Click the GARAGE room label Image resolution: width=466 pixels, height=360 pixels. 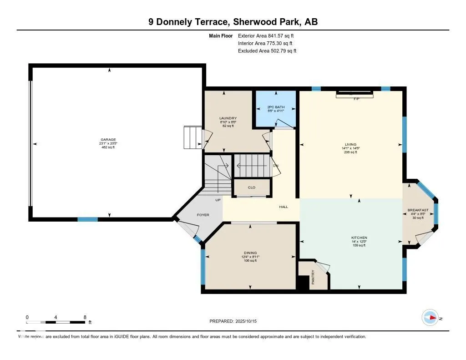coord(108,140)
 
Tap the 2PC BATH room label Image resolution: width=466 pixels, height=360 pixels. coord(275,107)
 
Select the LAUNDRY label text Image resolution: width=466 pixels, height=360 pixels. coord(228,118)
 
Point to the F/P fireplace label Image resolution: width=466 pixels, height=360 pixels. coord(356,99)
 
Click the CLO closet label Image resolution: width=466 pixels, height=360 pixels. coord(252,187)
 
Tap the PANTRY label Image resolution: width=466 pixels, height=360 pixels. coord(313,278)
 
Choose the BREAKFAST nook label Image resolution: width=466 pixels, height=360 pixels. coord(418,210)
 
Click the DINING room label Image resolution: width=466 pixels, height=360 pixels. coord(250,253)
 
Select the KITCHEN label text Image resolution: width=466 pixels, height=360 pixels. coord(359,238)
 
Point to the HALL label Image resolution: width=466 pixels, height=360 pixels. coord(284,207)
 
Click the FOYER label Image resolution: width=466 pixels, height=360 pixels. coord(203,215)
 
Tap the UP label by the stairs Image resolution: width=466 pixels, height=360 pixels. coord(218,200)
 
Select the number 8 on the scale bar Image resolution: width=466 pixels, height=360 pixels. coord(85,317)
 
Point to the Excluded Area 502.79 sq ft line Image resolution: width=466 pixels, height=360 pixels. coord(267,51)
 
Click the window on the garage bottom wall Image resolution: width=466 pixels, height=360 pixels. coord(87,219)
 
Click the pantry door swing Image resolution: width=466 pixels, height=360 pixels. coord(323,268)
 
